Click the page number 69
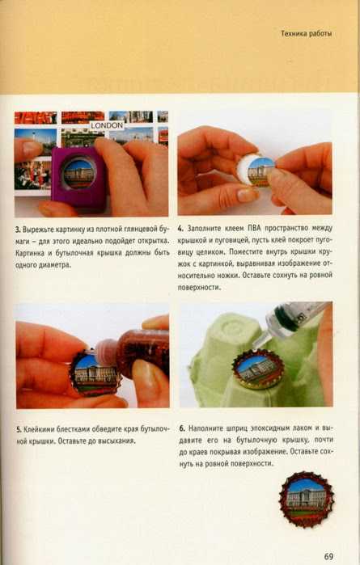pos(328,556)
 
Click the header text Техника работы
pos(307,34)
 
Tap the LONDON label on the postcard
pos(107,125)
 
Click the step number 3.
pos(18,230)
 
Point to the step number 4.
pos(180,229)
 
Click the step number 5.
pos(19,429)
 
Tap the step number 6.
pos(182,428)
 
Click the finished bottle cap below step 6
pos(307,499)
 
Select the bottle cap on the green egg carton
pos(257,369)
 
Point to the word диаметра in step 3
pos(55,265)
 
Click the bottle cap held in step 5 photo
pos(95,373)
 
